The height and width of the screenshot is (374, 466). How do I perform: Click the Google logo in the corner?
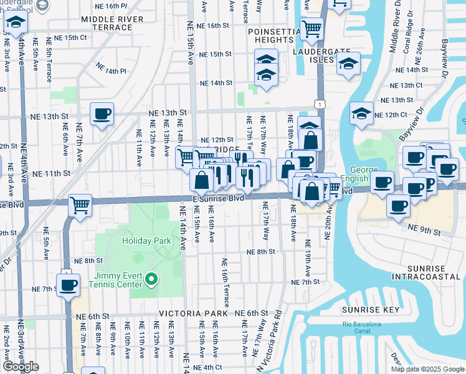[x=21, y=367]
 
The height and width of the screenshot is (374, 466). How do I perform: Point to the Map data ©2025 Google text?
[x=427, y=369]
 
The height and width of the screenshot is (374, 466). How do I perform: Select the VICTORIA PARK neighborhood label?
[x=188, y=313]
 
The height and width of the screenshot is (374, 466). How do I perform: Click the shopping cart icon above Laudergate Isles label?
[x=311, y=27]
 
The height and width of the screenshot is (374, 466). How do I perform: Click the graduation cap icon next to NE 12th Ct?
[x=361, y=113]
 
